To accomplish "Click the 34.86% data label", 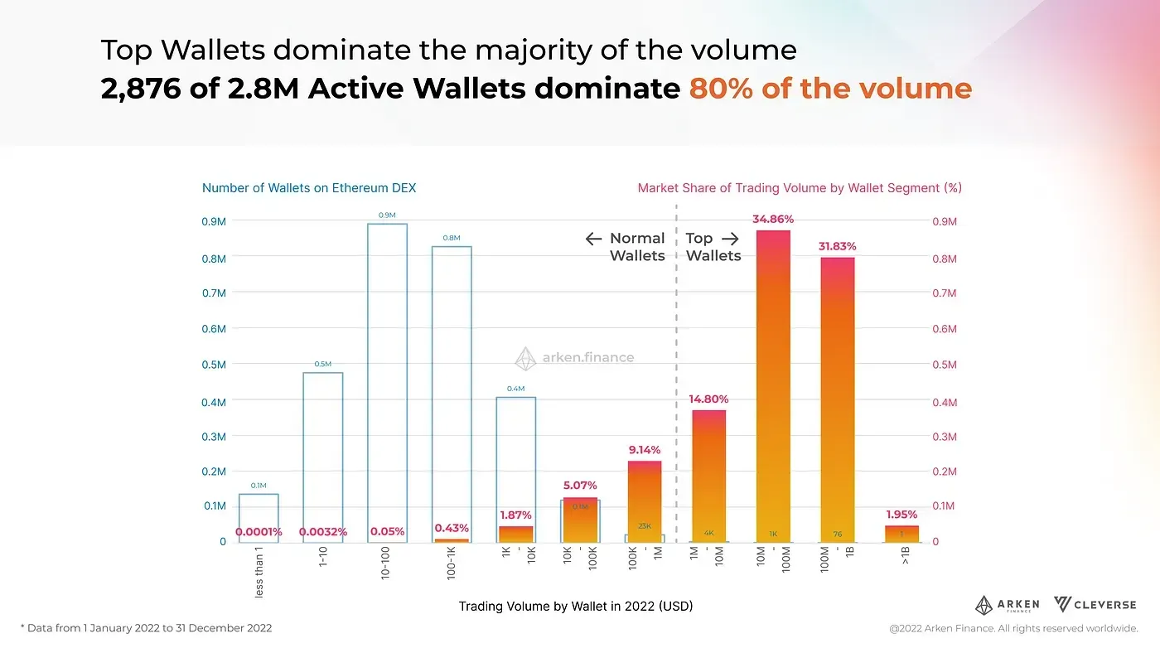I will [773, 220].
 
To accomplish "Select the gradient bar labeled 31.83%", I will [838, 398].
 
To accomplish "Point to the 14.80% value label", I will [708, 399].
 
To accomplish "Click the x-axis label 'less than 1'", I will [259, 577].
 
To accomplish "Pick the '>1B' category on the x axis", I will [904, 556].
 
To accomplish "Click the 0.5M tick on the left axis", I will [214, 365].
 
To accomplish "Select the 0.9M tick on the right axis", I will [945, 222].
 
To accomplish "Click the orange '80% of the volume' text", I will [829, 89].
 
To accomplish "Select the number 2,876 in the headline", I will [140, 89].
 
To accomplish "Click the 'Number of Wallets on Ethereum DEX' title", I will [309, 188].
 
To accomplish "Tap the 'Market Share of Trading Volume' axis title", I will [799, 188].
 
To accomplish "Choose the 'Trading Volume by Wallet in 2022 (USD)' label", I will [576, 607].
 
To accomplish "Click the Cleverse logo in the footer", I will [1095, 605].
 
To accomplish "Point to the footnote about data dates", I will [146, 628].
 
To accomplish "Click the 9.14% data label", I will [645, 450].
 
